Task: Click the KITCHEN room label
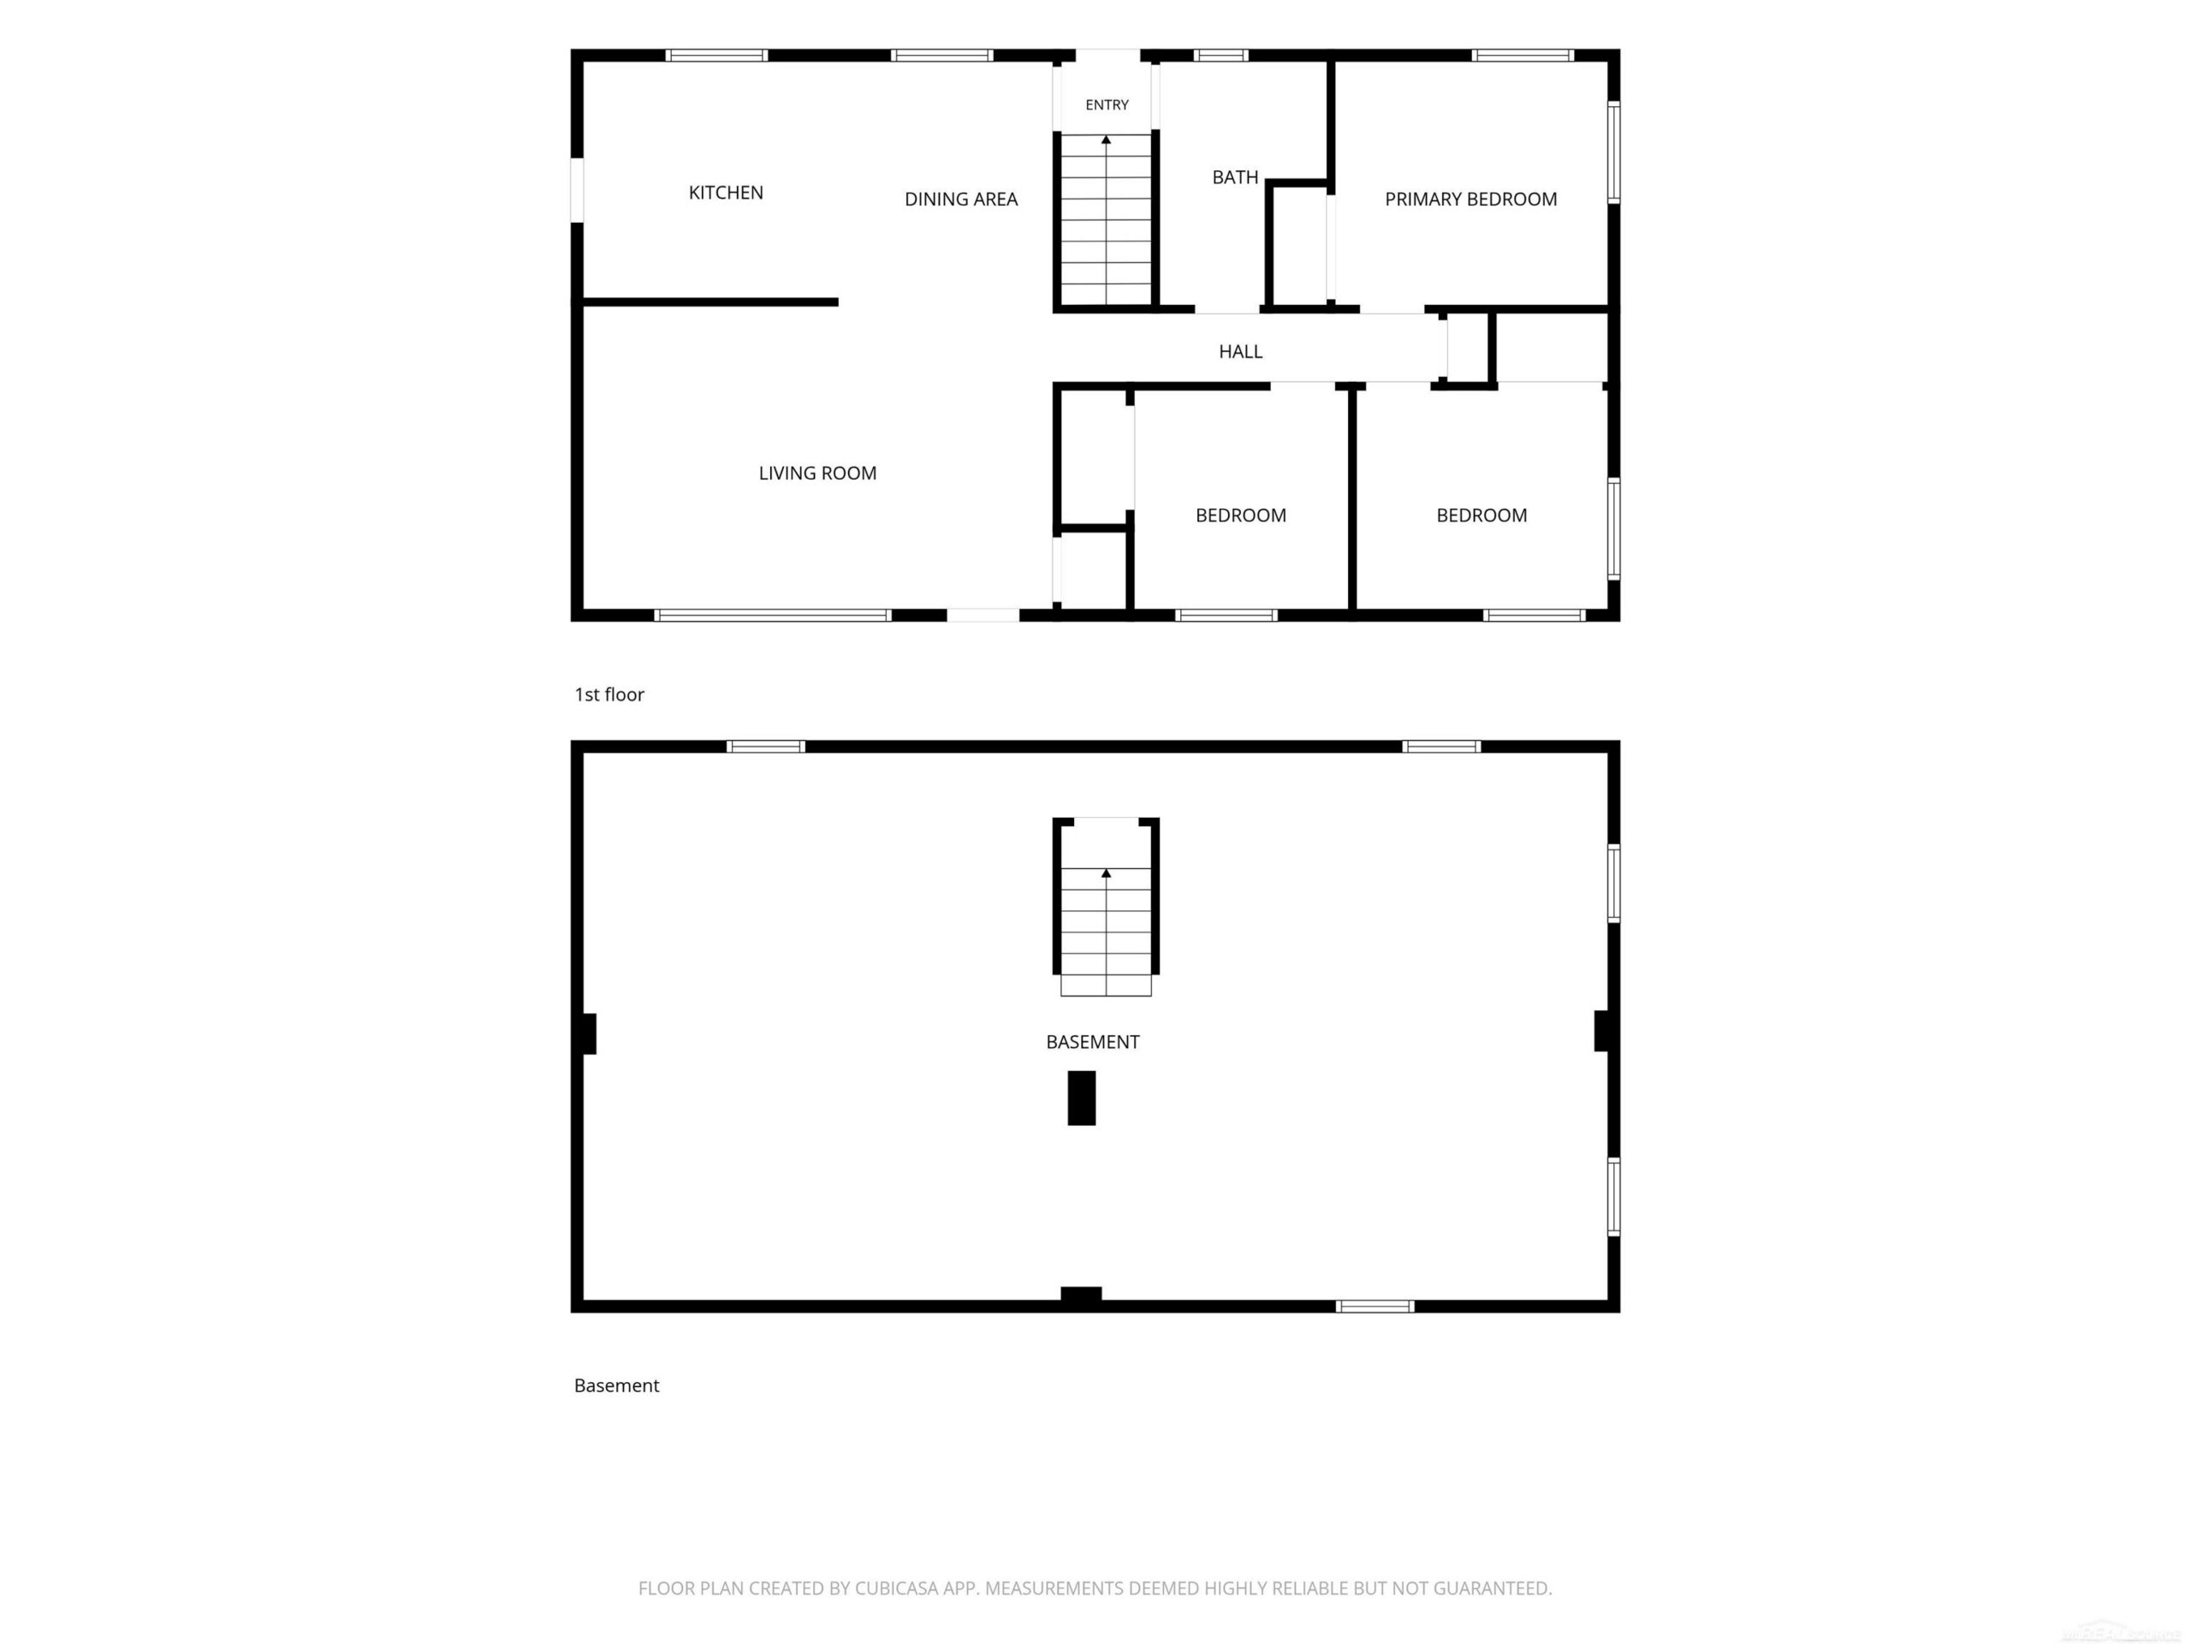coord(726,193)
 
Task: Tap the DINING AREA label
coord(961,200)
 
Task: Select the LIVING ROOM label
coord(817,474)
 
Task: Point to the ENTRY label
coord(1107,105)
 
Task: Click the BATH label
coord(1235,177)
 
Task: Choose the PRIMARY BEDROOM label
coord(1471,200)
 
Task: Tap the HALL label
coord(1240,352)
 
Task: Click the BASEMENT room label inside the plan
coord(1093,1041)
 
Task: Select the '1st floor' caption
coord(609,694)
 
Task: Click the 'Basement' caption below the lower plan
coord(616,1385)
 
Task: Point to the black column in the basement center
coord(1082,1098)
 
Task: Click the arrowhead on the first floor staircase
coord(1107,140)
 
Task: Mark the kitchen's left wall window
coord(577,189)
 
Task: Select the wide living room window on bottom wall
coord(773,616)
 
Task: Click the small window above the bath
coord(1220,56)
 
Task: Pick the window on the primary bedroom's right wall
coord(1613,152)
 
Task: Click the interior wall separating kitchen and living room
coord(710,302)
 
